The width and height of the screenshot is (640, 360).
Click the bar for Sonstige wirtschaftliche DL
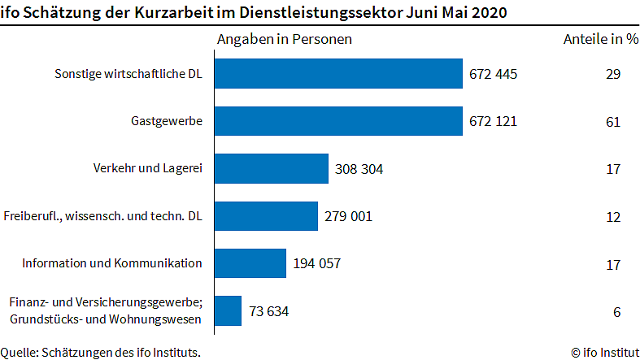[x=338, y=74]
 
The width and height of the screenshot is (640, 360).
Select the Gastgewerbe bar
[x=338, y=122]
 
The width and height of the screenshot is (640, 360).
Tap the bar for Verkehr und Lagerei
[x=271, y=169]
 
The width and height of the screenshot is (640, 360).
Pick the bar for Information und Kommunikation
[x=250, y=263]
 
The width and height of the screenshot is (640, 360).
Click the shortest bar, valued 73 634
[x=228, y=310]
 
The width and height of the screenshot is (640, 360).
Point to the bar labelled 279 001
[x=266, y=216]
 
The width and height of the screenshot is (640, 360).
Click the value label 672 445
[x=493, y=75]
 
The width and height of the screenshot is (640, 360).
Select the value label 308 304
[x=359, y=170]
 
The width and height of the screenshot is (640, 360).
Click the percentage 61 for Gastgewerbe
[x=613, y=123]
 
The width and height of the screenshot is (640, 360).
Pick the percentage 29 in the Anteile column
[x=613, y=75]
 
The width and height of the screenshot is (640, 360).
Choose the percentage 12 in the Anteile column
[x=613, y=217]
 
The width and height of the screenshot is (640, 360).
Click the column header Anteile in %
[x=601, y=40]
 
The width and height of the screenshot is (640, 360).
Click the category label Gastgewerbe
[x=166, y=122]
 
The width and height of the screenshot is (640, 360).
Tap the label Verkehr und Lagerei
[x=147, y=169]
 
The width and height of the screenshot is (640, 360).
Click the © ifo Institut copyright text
[x=604, y=352]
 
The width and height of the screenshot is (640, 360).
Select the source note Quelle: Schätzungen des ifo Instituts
[x=100, y=352]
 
